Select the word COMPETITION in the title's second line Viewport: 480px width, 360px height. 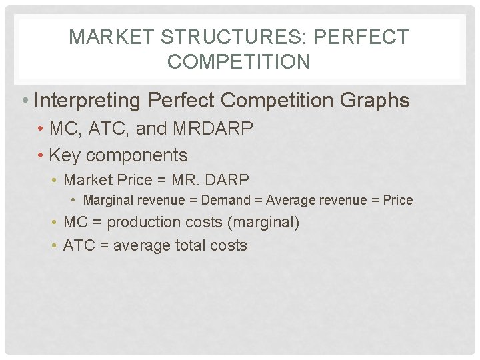(x=239, y=62)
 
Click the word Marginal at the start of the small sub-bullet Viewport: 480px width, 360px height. (x=107, y=200)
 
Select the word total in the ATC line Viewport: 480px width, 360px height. (x=191, y=245)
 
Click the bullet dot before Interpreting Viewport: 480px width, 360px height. (x=24, y=101)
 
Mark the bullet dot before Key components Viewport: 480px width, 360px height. (x=41, y=156)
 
